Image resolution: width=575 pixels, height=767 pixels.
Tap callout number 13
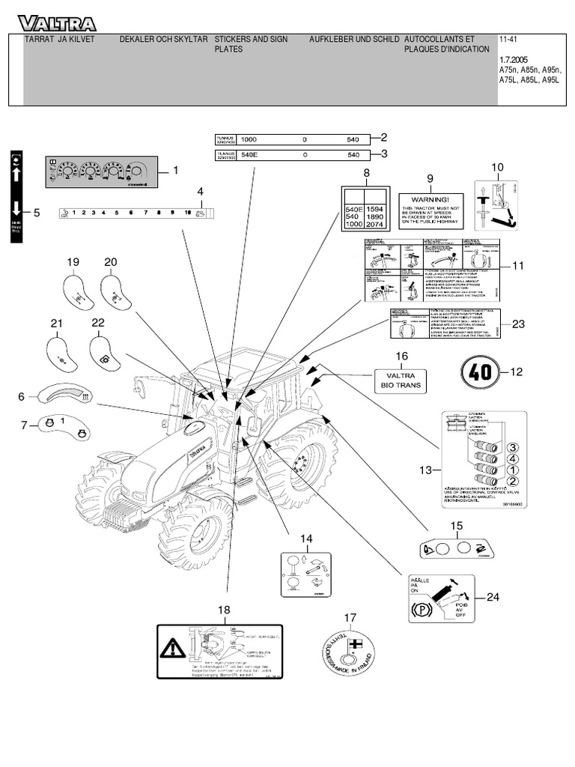(x=426, y=470)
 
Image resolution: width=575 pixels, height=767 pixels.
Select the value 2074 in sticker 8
(x=376, y=224)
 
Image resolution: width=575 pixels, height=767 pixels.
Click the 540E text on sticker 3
(x=249, y=155)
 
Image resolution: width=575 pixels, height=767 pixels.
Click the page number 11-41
(x=508, y=37)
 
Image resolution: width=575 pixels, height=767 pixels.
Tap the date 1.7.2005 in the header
(x=514, y=58)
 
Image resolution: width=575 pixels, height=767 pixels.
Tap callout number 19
(x=73, y=261)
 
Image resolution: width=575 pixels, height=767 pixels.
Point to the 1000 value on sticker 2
(x=249, y=139)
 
